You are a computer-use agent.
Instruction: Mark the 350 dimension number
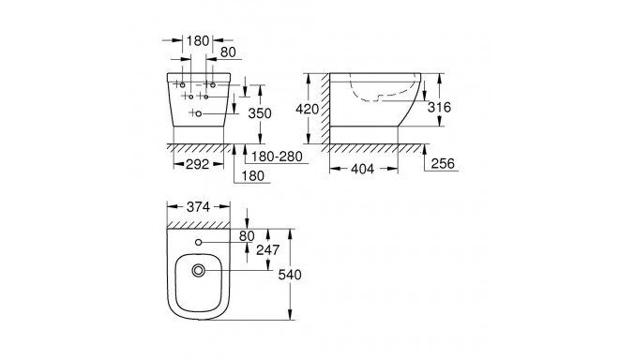coord(259,113)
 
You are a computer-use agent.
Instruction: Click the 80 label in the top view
coord(249,237)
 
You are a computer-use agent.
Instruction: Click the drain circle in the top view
coord(199,272)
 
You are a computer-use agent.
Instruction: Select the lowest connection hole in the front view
coord(199,112)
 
